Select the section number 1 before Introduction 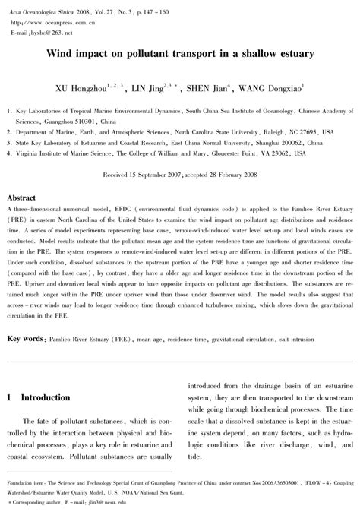click(x=8, y=397)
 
